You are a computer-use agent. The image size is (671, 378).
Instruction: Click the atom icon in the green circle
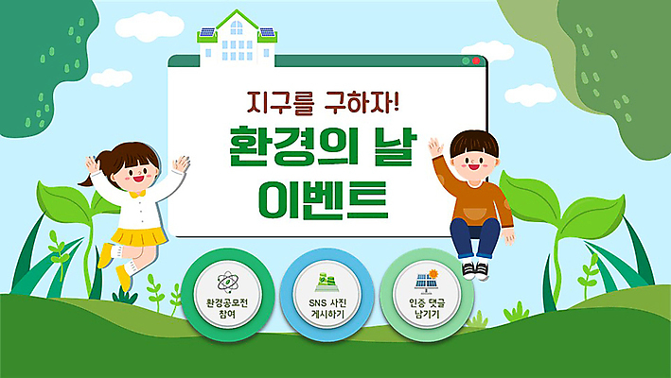pyautogui.click(x=227, y=281)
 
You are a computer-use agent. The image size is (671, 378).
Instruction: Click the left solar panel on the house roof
pyautogui.click(x=206, y=32)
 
